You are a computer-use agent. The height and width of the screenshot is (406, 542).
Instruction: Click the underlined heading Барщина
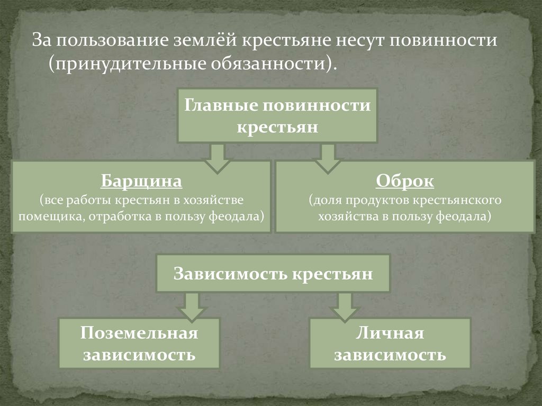(x=141, y=181)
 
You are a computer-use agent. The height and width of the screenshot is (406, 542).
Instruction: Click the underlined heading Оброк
(x=405, y=181)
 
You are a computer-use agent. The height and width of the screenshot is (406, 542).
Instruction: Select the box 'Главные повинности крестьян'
(x=277, y=115)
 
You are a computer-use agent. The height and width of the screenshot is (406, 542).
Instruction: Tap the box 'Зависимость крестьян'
(x=273, y=273)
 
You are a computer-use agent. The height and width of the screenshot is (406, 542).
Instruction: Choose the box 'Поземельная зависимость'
(x=139, y=343)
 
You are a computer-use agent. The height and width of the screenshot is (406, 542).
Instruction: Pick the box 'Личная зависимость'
(x=390, y=343)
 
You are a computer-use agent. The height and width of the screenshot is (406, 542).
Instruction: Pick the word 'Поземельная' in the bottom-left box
(x=139, y=333)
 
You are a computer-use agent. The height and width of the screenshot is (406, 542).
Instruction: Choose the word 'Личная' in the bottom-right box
(x=390, y=333)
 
